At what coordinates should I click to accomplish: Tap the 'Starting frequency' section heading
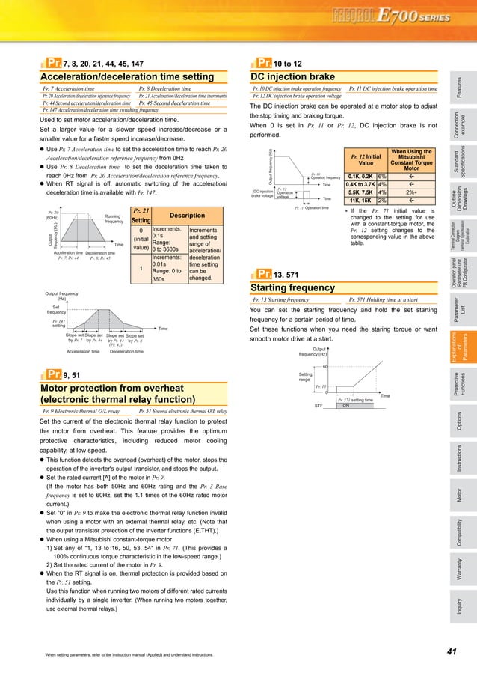[291, 287]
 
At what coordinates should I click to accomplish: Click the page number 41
[451, 652]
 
